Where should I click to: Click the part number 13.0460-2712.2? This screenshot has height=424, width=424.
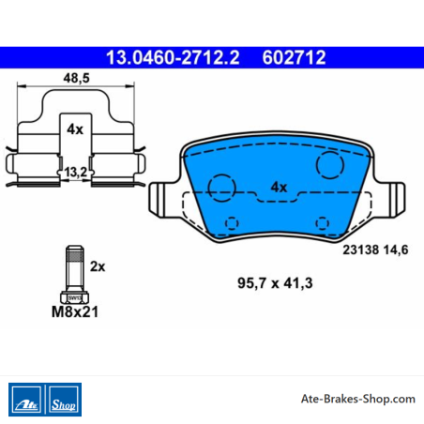(x=173, y=57)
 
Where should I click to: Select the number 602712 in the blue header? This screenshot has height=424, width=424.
(x=294, y=57)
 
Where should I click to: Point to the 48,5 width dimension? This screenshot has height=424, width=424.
(x=76, y=78)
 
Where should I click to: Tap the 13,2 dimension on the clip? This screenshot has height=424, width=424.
(x=75, y=172)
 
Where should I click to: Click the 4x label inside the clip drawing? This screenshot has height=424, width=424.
(x=75, y=129)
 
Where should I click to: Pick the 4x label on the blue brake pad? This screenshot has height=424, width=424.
(x=279, y=187)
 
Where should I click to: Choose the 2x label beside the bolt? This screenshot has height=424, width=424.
(x=98, y=266)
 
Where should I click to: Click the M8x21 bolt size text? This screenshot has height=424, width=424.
(x=75, y=311)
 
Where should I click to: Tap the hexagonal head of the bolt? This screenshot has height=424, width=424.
(x=74, y=297)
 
